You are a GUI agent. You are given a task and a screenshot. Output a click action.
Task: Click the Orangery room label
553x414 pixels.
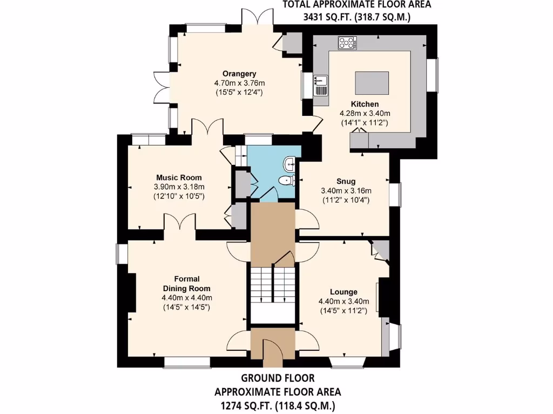[x=239, y=73]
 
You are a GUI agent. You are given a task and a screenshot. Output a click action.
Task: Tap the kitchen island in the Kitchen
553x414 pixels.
[x=372, y=83]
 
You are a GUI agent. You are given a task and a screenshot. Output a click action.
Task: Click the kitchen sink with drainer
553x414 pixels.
[x=321, y=85]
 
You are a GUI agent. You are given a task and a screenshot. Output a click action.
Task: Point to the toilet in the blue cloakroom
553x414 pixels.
[x=285, y=181]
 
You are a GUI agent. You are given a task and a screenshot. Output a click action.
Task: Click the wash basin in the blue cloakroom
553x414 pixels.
[x=290, y=161]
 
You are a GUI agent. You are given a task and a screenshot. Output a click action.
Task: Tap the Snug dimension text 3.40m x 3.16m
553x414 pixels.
[x=346, y=191]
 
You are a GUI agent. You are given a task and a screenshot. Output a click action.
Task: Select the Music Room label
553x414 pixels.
[x=179, y=177]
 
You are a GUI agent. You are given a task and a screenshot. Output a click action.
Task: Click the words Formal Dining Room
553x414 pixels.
[x=186, y=284]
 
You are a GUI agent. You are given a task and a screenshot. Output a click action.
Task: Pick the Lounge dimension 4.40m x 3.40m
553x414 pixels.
[x=343, y=301]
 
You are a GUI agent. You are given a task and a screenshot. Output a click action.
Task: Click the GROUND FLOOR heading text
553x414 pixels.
[x=278, y=378]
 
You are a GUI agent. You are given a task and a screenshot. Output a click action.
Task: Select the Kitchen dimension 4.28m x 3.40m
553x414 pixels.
[x=365, y=113]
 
